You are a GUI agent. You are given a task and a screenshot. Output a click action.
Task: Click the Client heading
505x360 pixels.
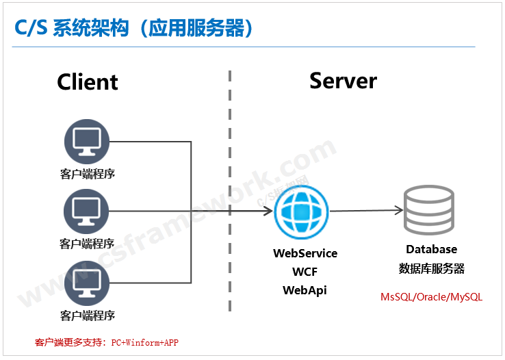tap(88, 82)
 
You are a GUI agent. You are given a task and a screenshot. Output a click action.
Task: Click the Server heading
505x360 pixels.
tap(343, 81)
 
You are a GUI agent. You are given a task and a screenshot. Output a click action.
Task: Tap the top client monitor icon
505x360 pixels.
tap(87, 142)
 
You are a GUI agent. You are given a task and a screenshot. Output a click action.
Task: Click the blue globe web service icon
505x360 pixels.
tap(301, 212)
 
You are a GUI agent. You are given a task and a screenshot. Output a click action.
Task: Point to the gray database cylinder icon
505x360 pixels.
tap(429, 209)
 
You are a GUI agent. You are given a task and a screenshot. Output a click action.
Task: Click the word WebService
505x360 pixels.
tap(305, 253)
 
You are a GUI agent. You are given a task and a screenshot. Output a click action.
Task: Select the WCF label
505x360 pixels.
tap(305, 272)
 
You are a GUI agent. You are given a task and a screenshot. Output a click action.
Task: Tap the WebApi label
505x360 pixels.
tap(305, 290)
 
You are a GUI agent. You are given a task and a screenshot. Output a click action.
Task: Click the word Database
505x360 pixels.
tap(431, 249)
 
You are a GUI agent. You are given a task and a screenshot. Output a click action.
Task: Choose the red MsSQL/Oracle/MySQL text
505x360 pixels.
tap(431, 297)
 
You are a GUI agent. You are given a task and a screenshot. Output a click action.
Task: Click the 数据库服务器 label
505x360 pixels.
tap(431, 268)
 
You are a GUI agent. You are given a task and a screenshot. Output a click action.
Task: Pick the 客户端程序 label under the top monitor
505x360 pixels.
tap(87, 174)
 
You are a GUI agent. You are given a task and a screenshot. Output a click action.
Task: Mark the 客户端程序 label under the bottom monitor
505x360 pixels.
tap(87, 316)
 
